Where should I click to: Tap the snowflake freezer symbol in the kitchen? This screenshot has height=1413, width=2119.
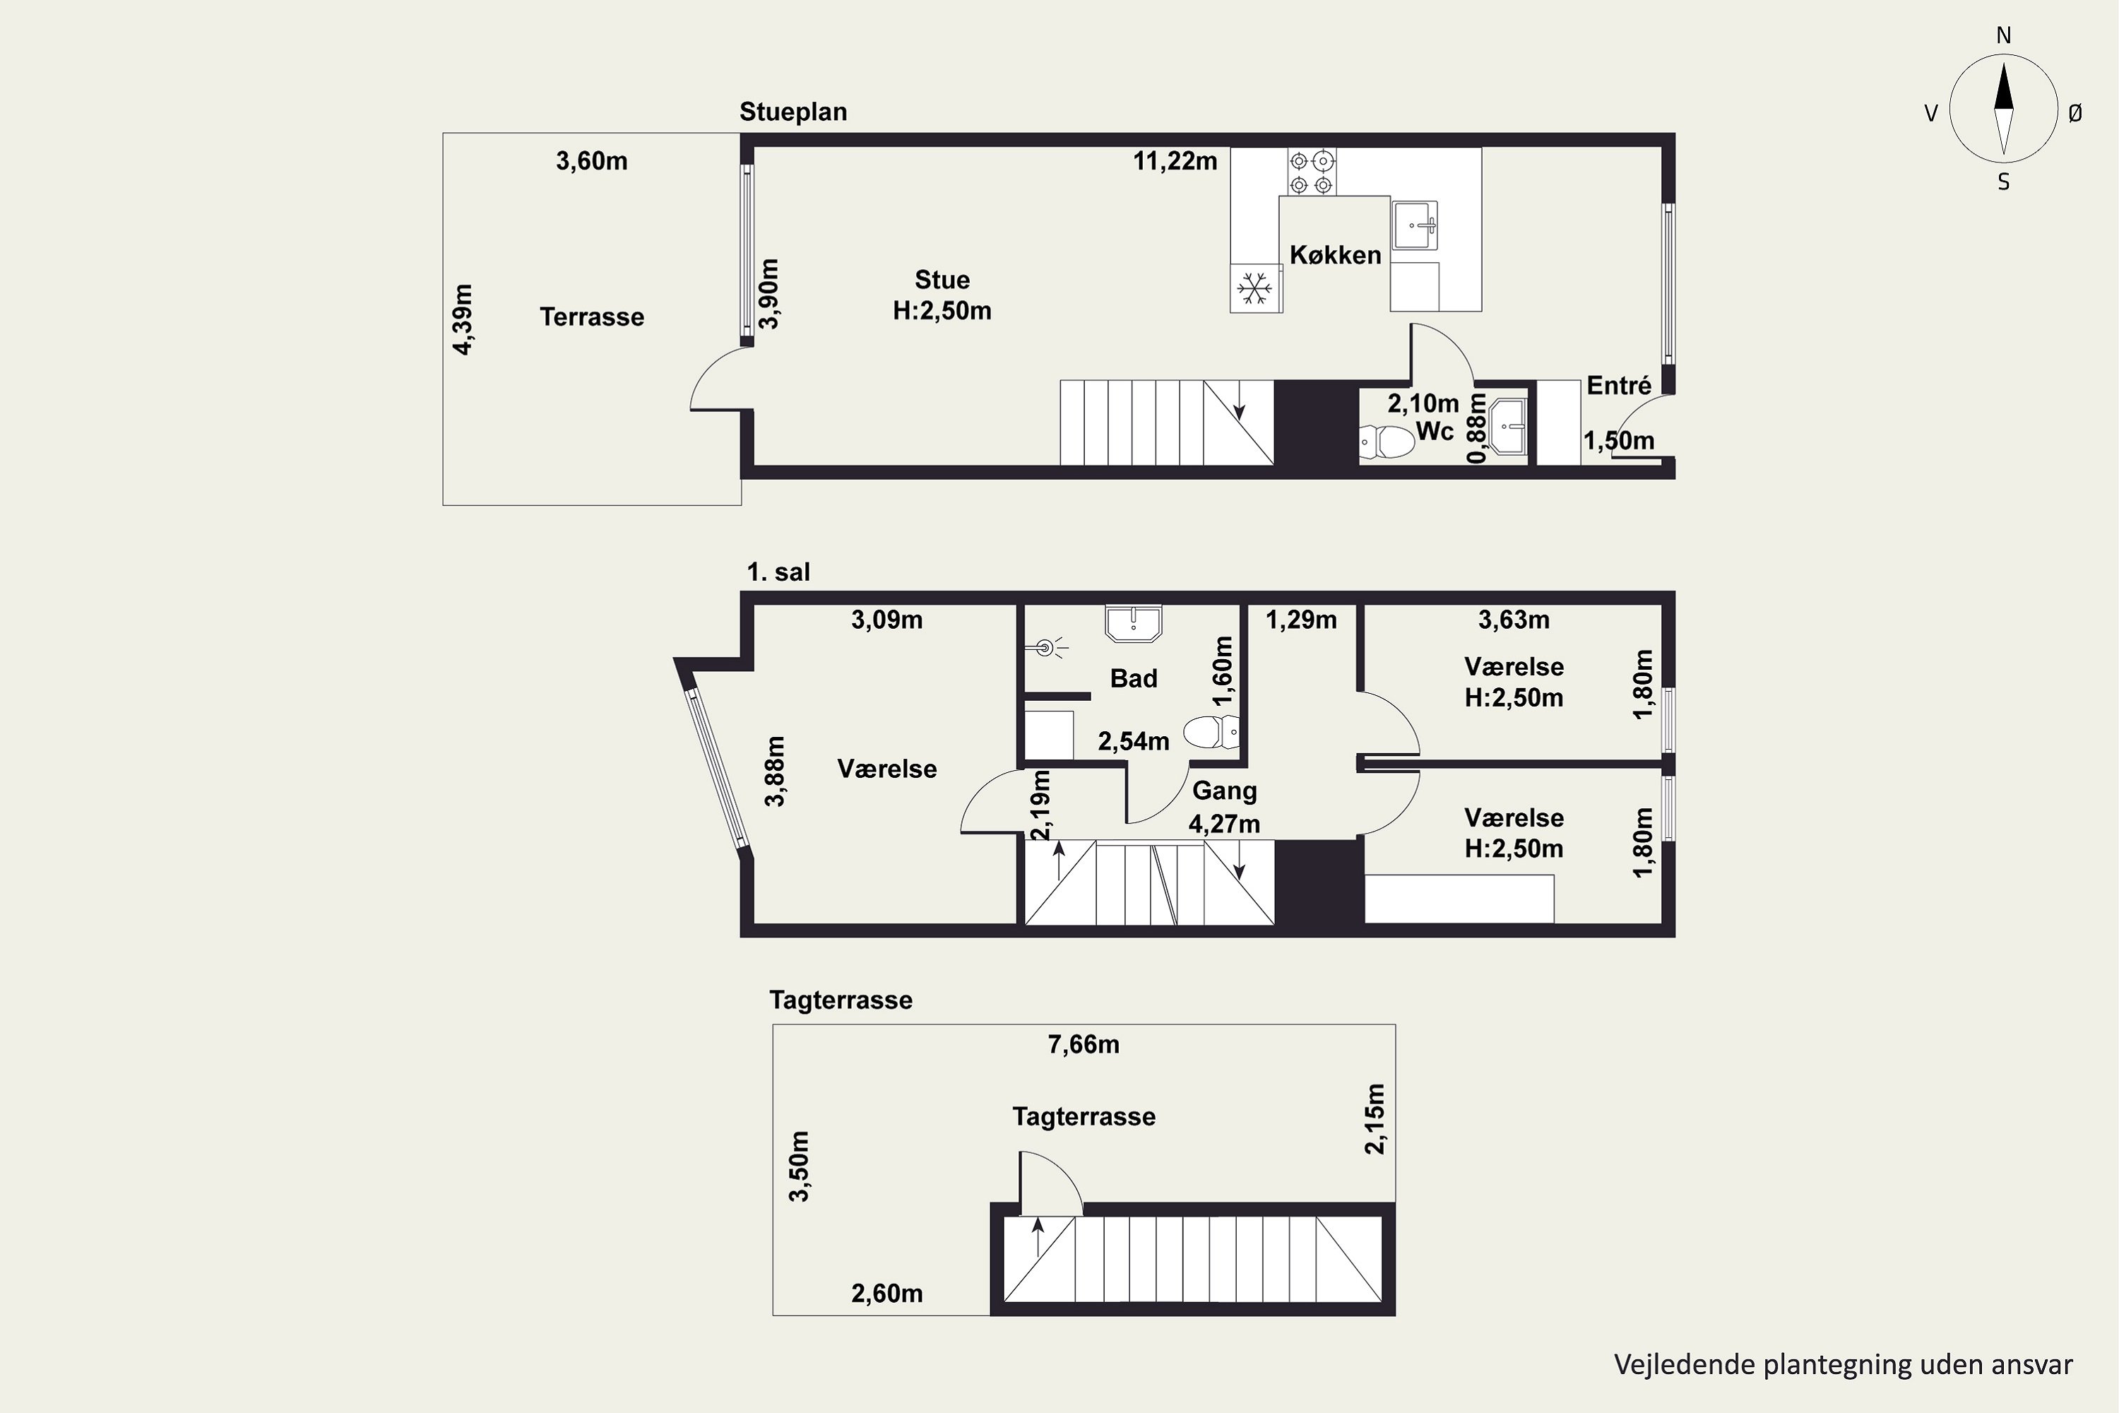(x=1254, y=288)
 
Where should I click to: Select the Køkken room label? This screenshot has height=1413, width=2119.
(x=1335, y=255)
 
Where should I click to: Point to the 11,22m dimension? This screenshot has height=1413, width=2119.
(x=1175, y=161)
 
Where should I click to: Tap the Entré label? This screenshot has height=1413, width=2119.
(x=1618, y=386)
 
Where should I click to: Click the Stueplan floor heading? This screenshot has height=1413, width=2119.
(x=793, y=112)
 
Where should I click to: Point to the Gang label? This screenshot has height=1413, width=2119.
(x=1224, y=791)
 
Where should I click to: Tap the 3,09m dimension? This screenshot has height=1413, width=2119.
(x=886, y=620)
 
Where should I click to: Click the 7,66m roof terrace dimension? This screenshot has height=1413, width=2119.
(x=1083, y=1044)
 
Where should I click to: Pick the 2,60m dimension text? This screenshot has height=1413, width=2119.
(x=886, y=1294)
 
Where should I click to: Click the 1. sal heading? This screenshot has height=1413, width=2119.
(x=778, y=572)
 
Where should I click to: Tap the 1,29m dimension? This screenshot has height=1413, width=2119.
(x=1301, y=620)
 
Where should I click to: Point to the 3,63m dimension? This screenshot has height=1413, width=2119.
(x=1514, y=620)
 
